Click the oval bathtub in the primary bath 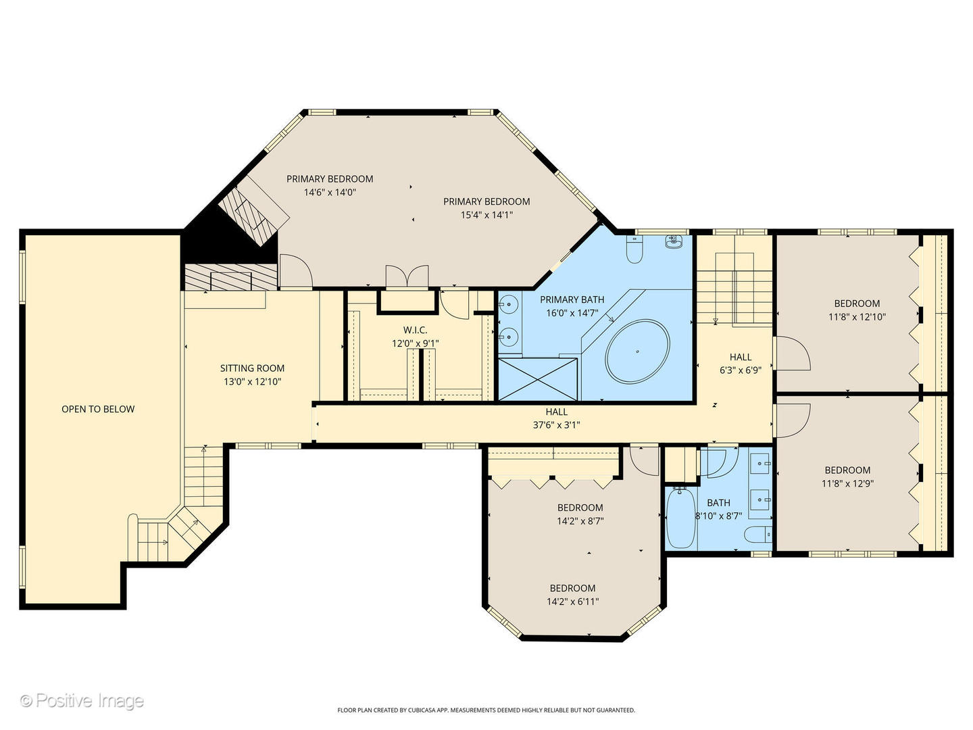637,351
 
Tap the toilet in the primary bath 634,249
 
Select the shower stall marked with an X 538,379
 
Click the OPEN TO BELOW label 98,409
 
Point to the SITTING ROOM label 252,368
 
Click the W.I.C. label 416,330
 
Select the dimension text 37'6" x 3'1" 556,425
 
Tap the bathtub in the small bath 681,518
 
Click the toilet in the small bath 757,534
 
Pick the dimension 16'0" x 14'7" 572,313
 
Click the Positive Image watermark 82,701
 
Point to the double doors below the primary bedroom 407,277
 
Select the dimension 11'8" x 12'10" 857,317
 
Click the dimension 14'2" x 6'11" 572,602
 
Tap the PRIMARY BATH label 572,299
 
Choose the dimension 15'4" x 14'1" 487,215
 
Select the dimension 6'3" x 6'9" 741,370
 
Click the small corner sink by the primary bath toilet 674,242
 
